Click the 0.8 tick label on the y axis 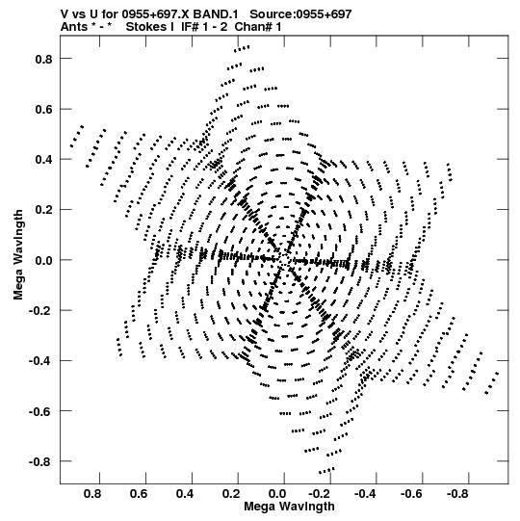44,59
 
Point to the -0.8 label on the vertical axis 40,462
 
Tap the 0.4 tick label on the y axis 44,160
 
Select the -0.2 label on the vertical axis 40,311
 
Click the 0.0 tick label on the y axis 44,260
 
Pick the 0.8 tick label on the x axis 92,494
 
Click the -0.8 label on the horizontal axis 457,494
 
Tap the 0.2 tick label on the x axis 231,494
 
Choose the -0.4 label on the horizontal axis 365,494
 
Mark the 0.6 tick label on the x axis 139,494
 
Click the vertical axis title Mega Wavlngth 18,255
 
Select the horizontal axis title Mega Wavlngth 289,507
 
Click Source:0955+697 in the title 300,14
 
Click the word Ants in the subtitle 74,27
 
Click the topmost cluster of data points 242,49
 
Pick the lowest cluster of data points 326,471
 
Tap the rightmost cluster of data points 492,383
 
